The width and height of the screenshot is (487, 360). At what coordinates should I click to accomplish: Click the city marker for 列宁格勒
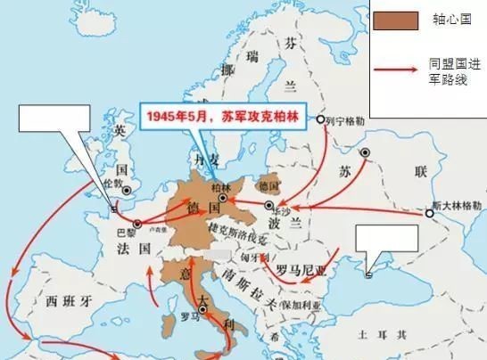(322, 119)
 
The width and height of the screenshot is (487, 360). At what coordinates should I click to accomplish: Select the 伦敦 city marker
(127, 189)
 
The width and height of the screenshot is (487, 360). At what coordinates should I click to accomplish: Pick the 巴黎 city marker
(136, 225)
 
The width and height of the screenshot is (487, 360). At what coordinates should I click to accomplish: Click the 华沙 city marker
(270, 206)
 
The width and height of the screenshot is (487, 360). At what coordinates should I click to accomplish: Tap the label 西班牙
(63, 299)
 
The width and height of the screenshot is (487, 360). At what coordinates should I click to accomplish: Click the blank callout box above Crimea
(386, 240)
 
